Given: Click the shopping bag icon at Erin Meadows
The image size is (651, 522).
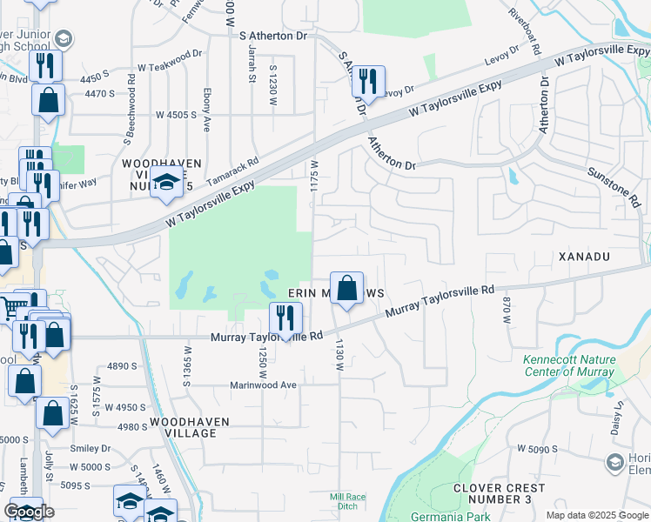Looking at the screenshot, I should [346, 288].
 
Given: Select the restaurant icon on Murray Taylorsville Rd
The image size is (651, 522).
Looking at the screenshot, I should [285, 318].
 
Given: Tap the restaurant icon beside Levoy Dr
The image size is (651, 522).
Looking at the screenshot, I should [368, 83].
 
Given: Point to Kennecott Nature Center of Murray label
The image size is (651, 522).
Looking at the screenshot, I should [569, 365].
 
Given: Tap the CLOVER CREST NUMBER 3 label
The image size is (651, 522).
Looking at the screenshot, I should [492, 493].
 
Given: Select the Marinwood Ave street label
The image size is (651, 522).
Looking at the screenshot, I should [263, 385].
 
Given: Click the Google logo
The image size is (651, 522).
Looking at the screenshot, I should [29, 512].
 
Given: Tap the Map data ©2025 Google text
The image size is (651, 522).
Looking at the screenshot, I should [596, 515].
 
